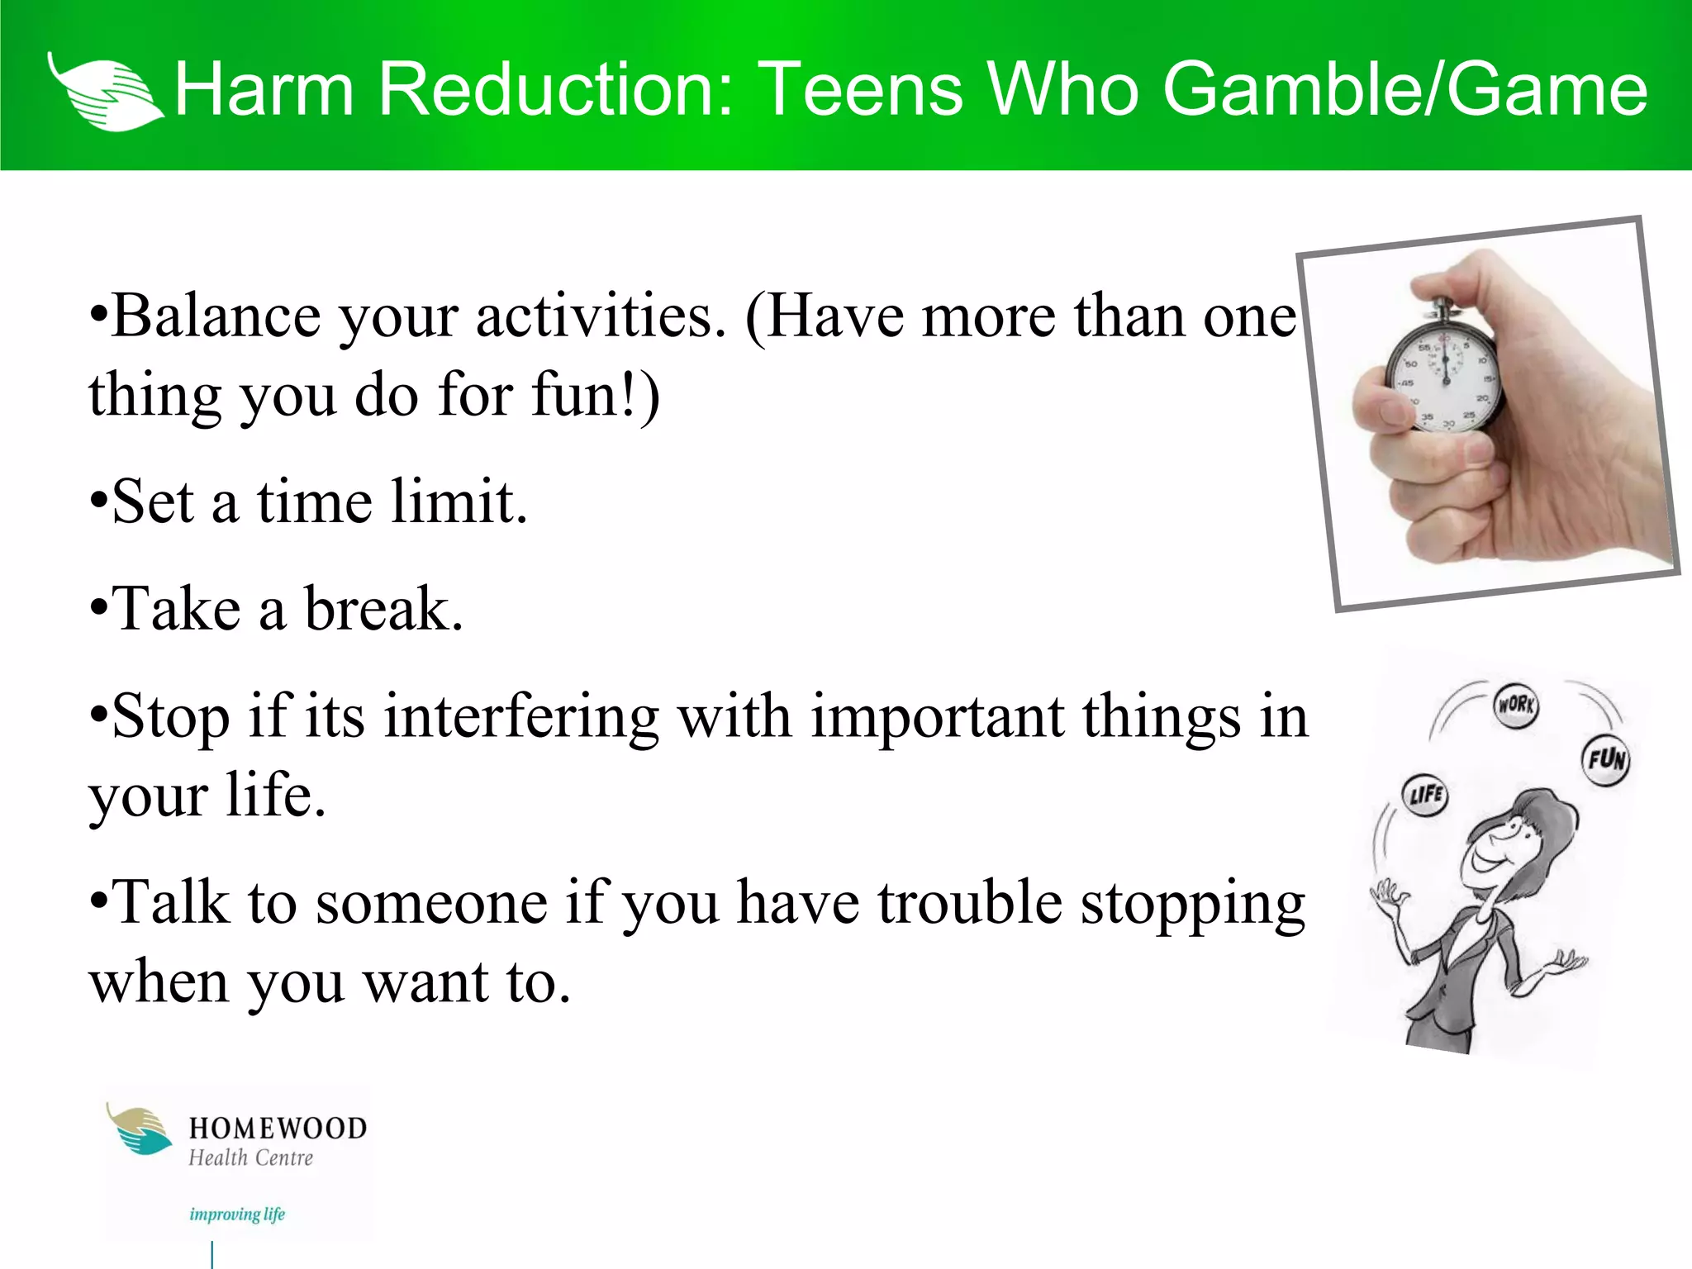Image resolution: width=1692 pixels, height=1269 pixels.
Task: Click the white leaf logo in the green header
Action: (x=103, y=93)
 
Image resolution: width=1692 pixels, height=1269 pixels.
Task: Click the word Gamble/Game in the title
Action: (x=1404, y=89)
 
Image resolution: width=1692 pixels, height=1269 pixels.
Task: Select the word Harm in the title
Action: (x=264, y=89)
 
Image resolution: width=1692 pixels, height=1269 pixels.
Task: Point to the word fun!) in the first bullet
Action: (x=595, y=395)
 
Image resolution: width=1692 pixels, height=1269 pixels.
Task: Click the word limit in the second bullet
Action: (x=459, y=501)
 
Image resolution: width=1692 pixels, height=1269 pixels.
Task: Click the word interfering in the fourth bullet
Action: (x=520, y=715)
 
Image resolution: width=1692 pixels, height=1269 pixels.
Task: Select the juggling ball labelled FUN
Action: (x=1605, y=759)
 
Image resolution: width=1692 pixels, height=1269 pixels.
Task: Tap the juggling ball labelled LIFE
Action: (x=1425, y=795)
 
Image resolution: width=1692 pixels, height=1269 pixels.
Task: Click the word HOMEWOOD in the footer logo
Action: (x=278, y=1129)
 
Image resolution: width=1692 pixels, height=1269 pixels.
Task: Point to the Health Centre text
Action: (x=251, y=1158)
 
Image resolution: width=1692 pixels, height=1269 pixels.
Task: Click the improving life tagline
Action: (x=237, y=1214)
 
